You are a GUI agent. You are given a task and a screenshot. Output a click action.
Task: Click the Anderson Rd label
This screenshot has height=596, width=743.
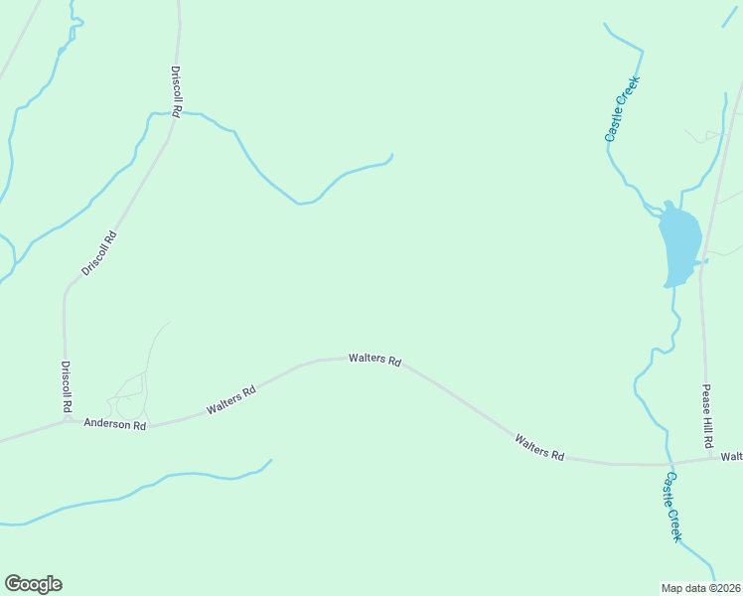coord(115,425)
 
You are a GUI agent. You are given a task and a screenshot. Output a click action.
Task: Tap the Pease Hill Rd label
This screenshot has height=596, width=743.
coord(708,414)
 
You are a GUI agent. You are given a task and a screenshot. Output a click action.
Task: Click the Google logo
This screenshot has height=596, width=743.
coord(33,584)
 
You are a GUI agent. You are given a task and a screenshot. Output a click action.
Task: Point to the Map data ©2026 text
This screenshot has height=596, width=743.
coord(701,588)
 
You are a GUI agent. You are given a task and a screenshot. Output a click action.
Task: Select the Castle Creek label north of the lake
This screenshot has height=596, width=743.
coord(624,109)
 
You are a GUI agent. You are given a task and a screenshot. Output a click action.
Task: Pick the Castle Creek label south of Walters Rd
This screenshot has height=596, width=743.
coord(672,507)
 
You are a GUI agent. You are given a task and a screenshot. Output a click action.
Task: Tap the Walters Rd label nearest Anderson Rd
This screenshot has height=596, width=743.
coord(231,400)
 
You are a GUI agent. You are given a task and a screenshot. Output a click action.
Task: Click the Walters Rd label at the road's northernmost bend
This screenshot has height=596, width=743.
coord(374,360)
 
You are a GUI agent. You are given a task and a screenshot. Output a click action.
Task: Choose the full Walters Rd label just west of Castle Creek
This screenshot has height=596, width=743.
coord(539,446)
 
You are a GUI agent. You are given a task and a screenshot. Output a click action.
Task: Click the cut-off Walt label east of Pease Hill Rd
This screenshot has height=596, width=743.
coord(732,456)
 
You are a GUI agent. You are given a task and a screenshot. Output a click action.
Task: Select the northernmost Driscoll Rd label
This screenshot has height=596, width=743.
coord(176,92)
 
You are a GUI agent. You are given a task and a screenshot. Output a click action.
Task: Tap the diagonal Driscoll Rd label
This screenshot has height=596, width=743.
coord(99,253)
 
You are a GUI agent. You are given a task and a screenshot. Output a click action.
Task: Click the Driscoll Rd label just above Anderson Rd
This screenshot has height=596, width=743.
coord(66,387)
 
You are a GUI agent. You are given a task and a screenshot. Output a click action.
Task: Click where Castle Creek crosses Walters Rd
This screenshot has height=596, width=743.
coord(669,464)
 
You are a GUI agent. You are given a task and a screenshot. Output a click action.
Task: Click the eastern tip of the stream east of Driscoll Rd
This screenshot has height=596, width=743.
coord(392,155)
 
